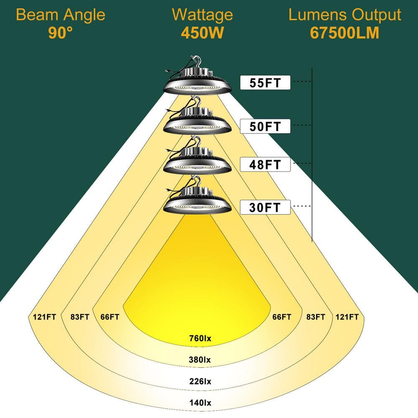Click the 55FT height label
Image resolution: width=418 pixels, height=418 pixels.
[x=265, y=83]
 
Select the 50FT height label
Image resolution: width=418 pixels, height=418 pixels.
[x=265, y=126]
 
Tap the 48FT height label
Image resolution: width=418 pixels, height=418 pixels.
[x=265, y=164]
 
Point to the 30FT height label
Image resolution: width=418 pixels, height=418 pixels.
[x=265, y=207]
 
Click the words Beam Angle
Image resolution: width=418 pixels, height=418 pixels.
[x=61, y=15]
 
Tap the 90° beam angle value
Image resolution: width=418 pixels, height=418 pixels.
[x=61, y=33]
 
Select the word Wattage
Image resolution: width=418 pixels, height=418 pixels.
[x=202, y=15]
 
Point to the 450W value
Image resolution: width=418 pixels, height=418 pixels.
[x=202, y=33]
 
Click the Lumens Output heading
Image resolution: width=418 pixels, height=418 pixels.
[x=345, y=15]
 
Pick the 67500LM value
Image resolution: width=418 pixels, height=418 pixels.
[x=345, y=33]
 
